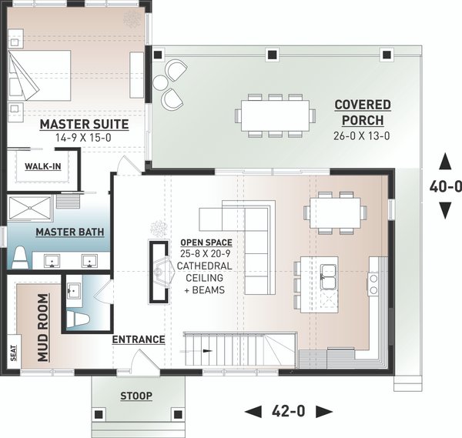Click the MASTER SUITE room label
point(84,124)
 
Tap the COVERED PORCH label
point(363,112)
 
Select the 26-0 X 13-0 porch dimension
point(362,135)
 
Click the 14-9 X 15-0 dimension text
point(83,138)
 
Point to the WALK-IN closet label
point(43,166)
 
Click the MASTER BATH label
point(70,232)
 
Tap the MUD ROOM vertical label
point(43,328)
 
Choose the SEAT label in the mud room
point(14,353)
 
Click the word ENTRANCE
point(139,339)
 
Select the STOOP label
point(136,396)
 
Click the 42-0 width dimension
point(289,411)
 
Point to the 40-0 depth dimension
point(445,186)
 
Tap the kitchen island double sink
point(329,277)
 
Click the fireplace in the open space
point(159,272)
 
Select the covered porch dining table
point(275,115)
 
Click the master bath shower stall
point(30,209)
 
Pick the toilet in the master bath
point(20,259)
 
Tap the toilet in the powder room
point(78,319)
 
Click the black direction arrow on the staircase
point(209,351)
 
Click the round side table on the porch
point(161,83)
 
